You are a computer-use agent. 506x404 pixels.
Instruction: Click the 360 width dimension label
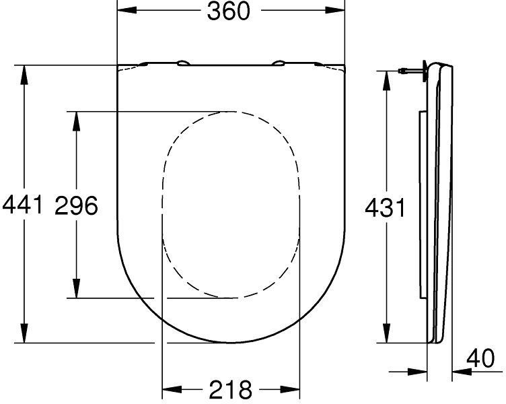(x=229, y=11)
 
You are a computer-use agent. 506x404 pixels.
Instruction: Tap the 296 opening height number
(x=76, y=205)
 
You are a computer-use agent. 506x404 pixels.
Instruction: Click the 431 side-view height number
(x=385, y=208)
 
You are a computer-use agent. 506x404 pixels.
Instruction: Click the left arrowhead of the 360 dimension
(x=126, y=11)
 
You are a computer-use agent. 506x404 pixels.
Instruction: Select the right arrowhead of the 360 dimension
(x=336, y=11)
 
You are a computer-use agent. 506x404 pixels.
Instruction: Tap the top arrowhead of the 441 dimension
(x=25, y=75)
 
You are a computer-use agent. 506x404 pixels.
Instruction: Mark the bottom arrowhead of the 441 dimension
(x=25, y=333)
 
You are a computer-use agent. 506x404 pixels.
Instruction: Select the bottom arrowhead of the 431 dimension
(x=386, y=333)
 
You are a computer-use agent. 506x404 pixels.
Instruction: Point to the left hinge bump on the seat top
(x=183, y=64)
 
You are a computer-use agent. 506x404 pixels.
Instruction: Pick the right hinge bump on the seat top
(x=277, y=64)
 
